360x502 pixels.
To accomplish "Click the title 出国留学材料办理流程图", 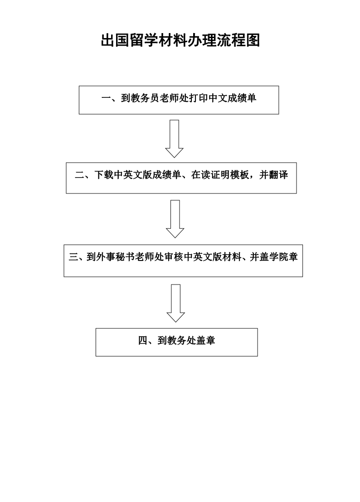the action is [x=180, y=40].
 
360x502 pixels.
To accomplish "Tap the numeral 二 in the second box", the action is [x=79, y=175].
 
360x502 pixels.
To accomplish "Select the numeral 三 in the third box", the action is [x=73, y=257].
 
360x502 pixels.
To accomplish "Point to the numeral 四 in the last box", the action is [x=143, y=340].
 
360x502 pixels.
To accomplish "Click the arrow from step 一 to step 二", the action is [x=174, y=139].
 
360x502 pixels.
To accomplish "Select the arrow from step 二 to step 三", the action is [x=175, y=219].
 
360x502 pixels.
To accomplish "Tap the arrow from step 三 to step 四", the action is [x=176, y=303].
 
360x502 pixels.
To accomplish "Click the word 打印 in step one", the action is [x=199, y=98].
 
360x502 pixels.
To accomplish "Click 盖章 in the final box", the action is [x=205, y=340].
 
